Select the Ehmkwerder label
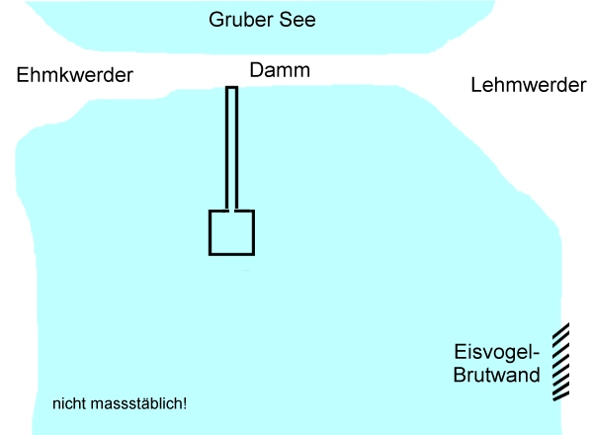point(75,75)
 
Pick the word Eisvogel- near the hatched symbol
point(495,353)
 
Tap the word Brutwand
point(496,376)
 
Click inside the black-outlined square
point(231,232)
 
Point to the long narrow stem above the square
point(231,148)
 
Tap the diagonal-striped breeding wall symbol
point(561,362)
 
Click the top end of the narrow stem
point(231,89)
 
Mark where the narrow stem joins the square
point(231,211)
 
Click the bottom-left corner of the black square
point(210,254)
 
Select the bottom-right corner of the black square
point(253,254)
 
